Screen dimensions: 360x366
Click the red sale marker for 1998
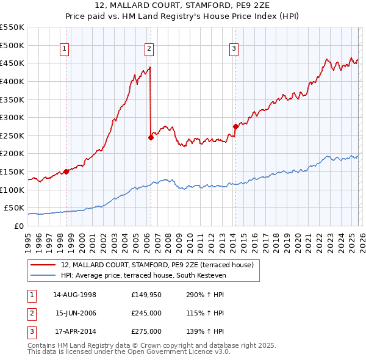pyautogui.click(x=66, y=171)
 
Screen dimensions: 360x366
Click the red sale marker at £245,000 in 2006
pyautogui.click(x=151, y=137)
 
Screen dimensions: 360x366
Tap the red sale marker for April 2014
pyautogui.click(x=235, y=126)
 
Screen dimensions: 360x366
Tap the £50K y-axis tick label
pyautogui.click(x=15, y=208)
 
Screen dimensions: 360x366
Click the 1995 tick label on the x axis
pyautogui.click(x=28, y=238)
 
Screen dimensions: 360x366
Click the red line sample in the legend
pyautogui.click(x=43, y=265)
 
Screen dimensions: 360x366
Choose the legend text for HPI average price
pyautogui.click(x=143, y=276)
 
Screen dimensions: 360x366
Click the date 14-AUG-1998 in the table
pyautogui.click(x=75, y=294)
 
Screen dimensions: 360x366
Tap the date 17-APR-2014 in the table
pyautogui.click(x=75, y=331)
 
